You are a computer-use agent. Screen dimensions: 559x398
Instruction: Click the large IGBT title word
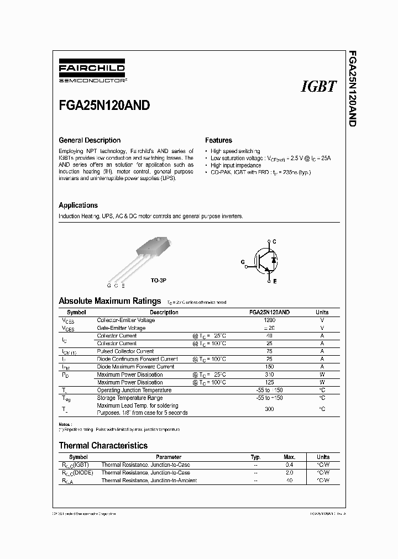318,87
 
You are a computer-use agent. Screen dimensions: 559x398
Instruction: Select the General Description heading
90,140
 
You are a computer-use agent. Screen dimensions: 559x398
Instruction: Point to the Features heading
218,140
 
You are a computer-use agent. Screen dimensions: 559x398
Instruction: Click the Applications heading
78,205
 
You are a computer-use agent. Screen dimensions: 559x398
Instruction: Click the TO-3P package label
158,281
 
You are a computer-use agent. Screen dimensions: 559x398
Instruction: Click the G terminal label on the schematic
242,263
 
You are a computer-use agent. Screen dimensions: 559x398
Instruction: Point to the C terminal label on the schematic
275,242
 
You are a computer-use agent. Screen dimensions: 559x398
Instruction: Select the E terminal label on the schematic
275,281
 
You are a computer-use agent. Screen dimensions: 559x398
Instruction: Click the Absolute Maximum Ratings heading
109,301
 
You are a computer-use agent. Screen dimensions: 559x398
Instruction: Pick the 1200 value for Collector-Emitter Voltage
269,320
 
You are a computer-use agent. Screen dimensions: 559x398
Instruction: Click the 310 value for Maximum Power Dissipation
269,375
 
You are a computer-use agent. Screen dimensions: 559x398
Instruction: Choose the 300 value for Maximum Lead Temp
269,409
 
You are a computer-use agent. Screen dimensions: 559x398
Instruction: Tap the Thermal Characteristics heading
103,445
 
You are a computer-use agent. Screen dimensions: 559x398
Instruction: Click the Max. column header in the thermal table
290,457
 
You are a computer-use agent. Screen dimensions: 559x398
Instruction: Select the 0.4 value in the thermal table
290,465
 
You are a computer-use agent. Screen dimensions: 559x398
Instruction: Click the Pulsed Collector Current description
125,351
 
